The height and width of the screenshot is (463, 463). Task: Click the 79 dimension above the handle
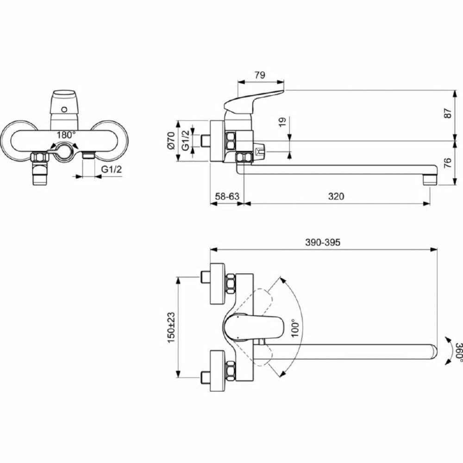[x=260, y=75]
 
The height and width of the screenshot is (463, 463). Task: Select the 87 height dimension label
[x=448, y=113]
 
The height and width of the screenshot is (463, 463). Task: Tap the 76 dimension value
[x=448, y=163]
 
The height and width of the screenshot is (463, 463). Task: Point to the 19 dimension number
[x=282, y=122]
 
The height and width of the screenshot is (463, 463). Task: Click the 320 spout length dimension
[x=336, y=196]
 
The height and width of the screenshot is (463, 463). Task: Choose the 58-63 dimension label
[x=227, y=196]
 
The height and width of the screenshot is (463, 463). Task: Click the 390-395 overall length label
[x=322, y=243]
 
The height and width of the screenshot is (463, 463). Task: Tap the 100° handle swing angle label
[x=295, y=328]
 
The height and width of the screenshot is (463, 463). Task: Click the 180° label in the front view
[x=66, y=135]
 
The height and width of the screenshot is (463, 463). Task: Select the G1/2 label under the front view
[x=111, y=169]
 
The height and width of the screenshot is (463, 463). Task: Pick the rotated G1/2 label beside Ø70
[x=186, y=141]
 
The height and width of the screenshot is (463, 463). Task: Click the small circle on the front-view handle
[x=64, y=110]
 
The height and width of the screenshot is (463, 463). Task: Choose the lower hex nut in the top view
[x=231, y=370]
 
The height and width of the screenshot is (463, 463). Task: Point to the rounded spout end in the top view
[x=434, y=352]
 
